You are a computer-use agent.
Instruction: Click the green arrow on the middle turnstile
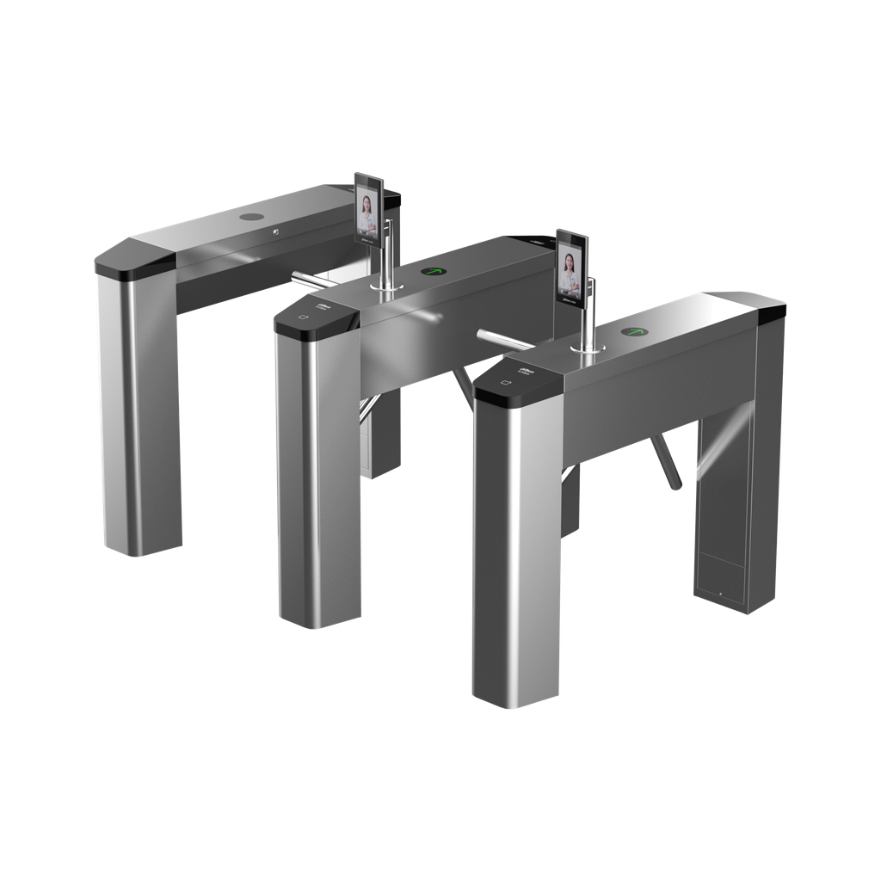(x=433, y=273)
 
